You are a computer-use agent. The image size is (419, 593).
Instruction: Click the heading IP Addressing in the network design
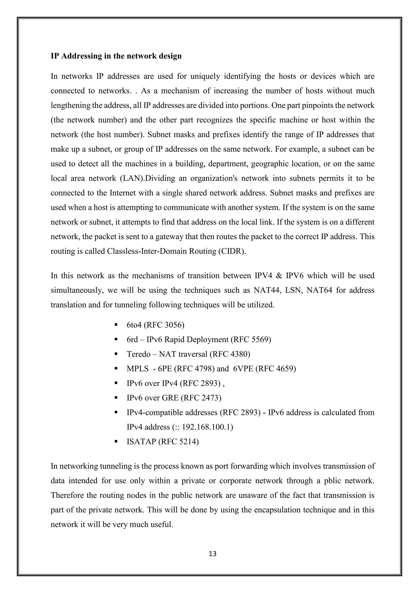pos(116,56)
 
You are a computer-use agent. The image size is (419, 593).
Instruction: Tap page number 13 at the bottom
pos(213,554)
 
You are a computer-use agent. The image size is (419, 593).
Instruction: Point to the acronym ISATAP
pos(141,441)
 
